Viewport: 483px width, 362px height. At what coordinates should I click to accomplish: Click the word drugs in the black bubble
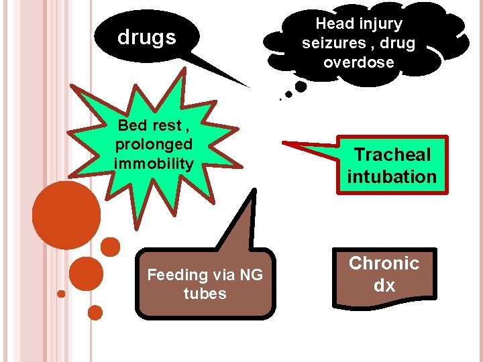pyautogui.click(x=146, y=38)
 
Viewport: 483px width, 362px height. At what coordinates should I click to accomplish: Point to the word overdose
pyautogui.click(x=358, y=62)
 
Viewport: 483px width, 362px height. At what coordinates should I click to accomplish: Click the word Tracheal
pyautogui.click(x=392, y=155)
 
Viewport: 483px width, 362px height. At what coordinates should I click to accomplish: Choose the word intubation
pyautogui.click(x=392, y=177)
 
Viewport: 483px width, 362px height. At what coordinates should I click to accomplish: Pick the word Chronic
pyautogui.click(x=384, y=263)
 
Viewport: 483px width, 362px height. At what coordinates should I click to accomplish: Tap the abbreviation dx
pyautogui.click(x=384, y=286)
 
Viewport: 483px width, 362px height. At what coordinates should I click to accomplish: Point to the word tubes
pyautogui.click(x=205, y=294)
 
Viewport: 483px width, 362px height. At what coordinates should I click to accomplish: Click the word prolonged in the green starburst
pyautogui.click(x=154, y=144)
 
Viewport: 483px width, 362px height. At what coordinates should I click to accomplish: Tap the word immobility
pyautogui.click(x=154, y=163)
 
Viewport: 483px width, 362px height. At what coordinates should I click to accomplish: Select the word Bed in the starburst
pyautogui.click(x=132, y=125)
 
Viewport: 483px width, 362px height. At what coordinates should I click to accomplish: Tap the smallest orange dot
pyautogui.click(x=61, y=294)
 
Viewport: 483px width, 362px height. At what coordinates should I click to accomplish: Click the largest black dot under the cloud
pyautogui.click(x=301, y=86)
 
